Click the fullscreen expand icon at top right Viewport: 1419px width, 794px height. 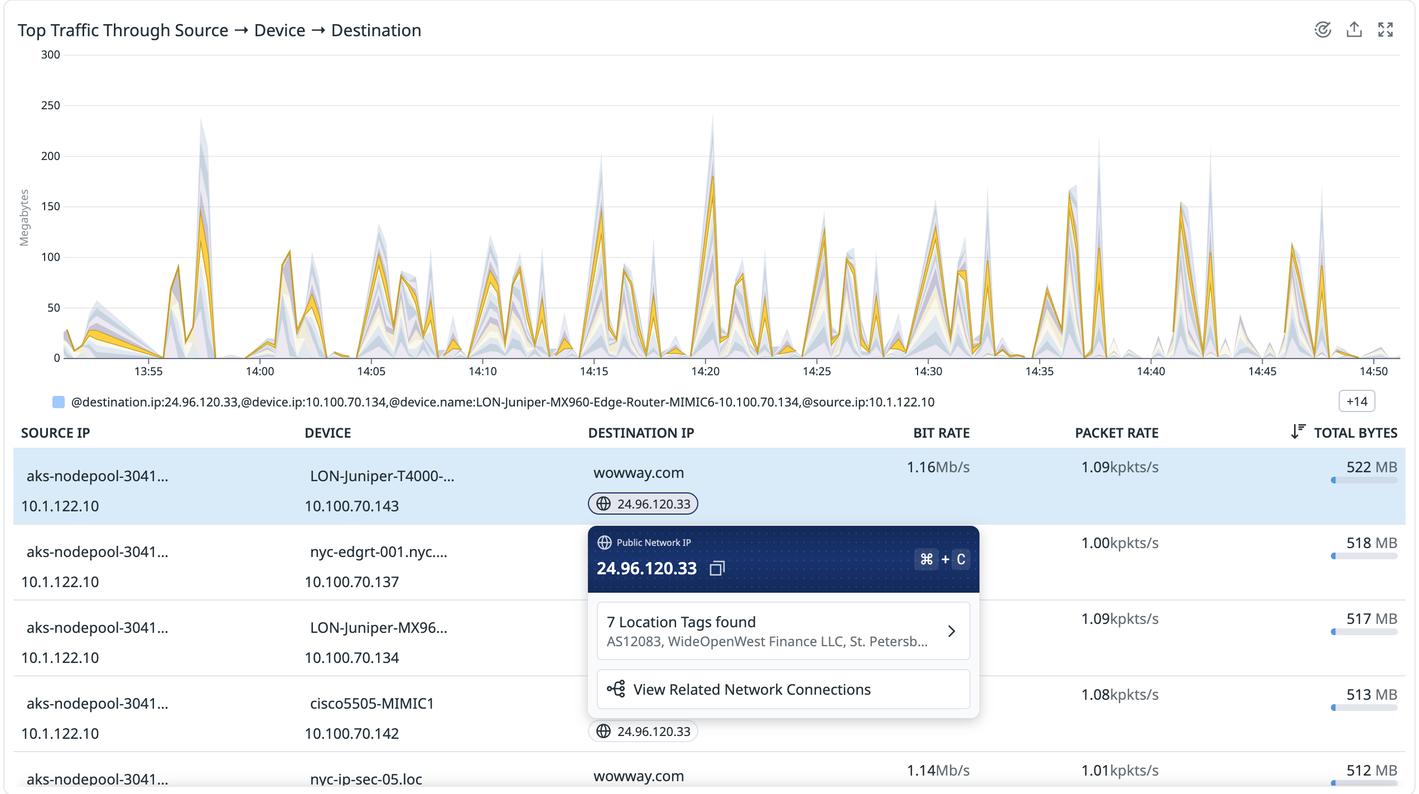(x=1385, y=30)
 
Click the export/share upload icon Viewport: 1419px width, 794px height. (x=1354, y=30)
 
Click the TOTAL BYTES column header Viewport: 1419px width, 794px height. (x=1355, y=433)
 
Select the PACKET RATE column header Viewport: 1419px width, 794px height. (x=1116, y=433)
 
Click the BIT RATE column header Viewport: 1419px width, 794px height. (x=941, y=433)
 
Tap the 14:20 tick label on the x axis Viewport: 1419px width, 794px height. (x=705, y=371)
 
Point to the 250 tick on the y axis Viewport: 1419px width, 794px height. (x=50, y=105)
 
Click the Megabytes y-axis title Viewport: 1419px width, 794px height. (x=24, y=217)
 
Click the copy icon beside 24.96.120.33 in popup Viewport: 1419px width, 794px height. (x=717, y=568)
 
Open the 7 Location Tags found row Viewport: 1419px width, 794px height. (x=783, y=631)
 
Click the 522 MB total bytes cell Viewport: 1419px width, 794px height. (x=1371, y=467)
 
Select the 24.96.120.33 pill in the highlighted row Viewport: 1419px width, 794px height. (x=643, y=504)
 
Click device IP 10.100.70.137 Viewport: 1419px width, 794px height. (x=351, y=582)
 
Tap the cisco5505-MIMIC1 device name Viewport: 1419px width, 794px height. (x=371, y=704)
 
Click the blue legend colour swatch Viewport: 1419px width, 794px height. (x=58, y=402)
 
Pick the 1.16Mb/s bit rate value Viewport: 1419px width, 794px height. (x=938, y=467)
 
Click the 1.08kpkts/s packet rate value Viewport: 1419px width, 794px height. (x=1119, y=695)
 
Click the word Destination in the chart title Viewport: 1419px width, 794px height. (x=376, y=30)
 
